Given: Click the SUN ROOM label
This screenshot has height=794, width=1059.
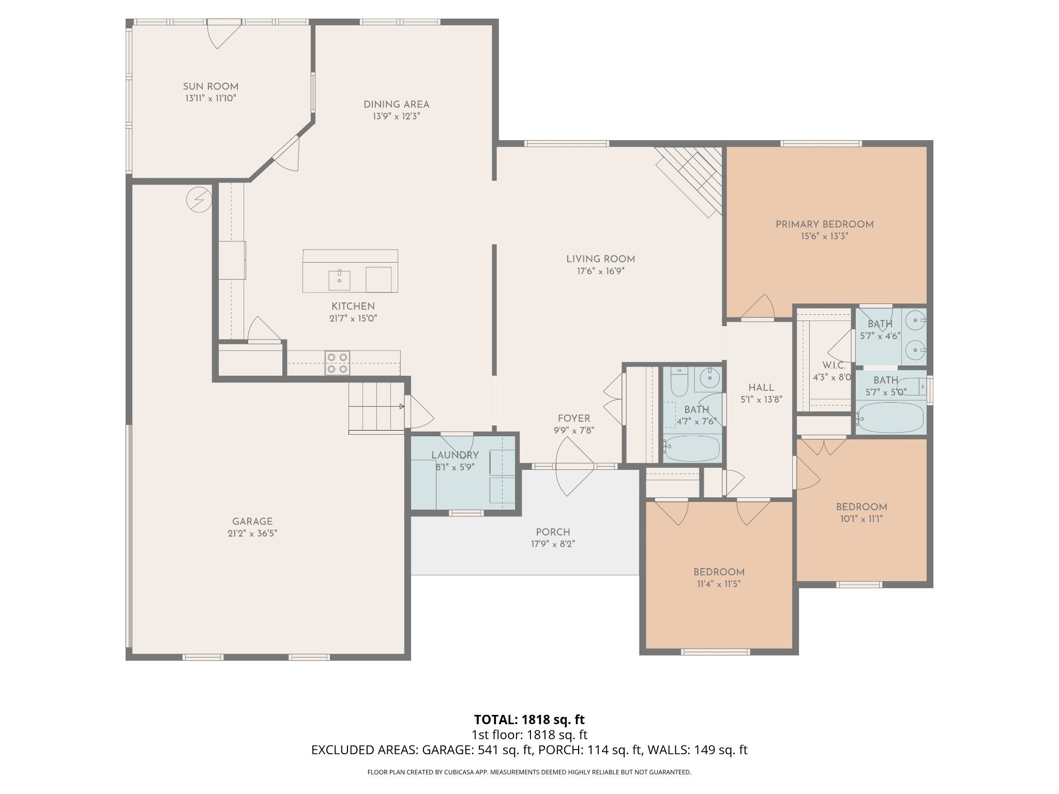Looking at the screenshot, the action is [x=210, y=86].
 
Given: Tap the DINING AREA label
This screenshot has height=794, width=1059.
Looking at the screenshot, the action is [x=396, y=104].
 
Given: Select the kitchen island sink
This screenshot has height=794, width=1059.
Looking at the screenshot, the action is [x=340, y=280].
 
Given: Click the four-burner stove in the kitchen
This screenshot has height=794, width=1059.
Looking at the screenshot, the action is [x=337, y=362].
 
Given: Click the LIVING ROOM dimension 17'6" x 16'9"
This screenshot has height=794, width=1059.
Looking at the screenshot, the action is [x=600, y=271].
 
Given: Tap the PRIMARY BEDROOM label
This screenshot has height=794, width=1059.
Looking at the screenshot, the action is [x=824, y=224].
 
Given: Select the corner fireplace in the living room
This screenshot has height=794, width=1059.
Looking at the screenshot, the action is [x=690, y=179].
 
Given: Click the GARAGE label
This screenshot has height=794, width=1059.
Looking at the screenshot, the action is [x=252, y=522].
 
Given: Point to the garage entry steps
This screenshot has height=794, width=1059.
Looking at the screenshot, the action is [x=376, y=406].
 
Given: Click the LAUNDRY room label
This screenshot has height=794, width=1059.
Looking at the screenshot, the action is [x=455, y=455].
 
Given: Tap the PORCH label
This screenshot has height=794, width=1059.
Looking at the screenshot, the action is [x=553, y=532].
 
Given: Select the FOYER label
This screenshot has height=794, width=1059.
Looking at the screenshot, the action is [x=573, y=418].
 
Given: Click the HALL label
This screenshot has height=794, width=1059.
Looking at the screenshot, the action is [x=761, y=388].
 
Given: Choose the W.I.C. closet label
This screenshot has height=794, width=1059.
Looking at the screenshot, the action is [x=832, y=365].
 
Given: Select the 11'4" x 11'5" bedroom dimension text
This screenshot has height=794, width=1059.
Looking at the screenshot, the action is [x=719, y=584].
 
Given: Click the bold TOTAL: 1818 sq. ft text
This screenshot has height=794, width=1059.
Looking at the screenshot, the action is [x=529, y=720].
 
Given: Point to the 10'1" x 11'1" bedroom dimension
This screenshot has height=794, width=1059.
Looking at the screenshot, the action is [x=861, y=519].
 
